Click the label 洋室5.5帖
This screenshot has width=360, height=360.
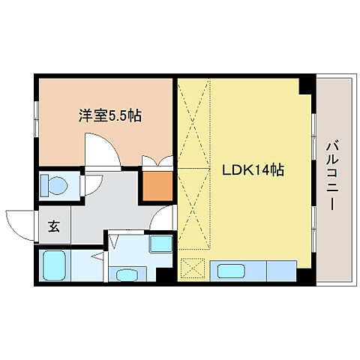tap(110, 116)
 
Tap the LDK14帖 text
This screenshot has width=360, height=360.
tap(251, 170)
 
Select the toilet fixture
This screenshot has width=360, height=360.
tap(53, 184)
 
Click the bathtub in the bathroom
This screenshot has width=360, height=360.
tap(55, 264)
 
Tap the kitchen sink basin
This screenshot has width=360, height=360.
tap(229, 269)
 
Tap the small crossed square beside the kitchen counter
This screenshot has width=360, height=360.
tap(193, 268)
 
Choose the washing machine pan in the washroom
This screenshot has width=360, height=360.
tap(159, 244)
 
